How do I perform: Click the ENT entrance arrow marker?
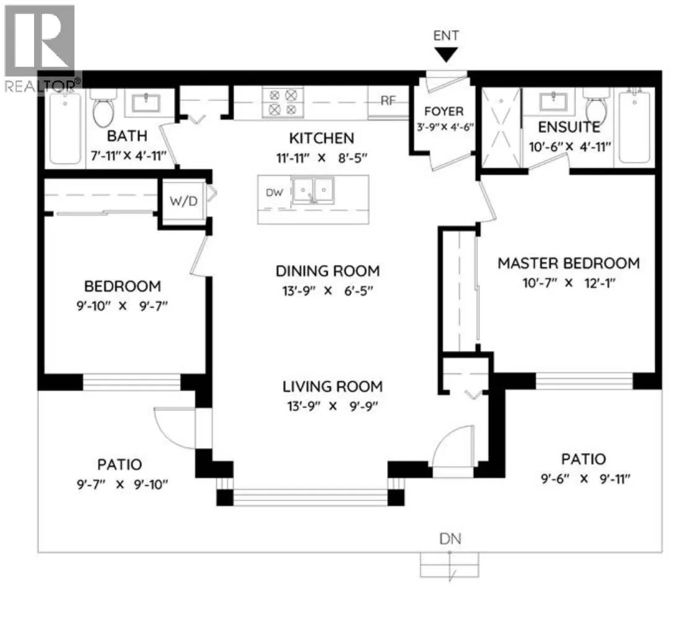(446, 54)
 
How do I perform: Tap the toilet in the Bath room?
(103, 108)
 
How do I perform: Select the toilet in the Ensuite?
(597, 107)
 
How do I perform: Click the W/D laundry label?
(183, 201)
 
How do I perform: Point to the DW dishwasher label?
(274, 193)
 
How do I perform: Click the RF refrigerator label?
(388, 101)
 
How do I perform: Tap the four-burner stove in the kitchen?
(283, 102)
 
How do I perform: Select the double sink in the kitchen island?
(312, 191)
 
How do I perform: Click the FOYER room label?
(444, 111)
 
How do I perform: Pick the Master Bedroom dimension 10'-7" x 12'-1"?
(569, 283)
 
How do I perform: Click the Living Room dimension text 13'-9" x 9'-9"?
(333, 406)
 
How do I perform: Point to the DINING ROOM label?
(328, 271)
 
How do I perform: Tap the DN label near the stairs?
(450, 539)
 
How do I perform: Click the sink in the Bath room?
(146, 103)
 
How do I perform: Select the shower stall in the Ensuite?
(501, 128)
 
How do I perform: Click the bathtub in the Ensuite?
(634, 128)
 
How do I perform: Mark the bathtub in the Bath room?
(66, 129)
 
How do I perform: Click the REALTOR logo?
(42, 49)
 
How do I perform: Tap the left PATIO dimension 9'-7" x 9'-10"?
(122, 484)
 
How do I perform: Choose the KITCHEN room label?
(322, 138)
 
